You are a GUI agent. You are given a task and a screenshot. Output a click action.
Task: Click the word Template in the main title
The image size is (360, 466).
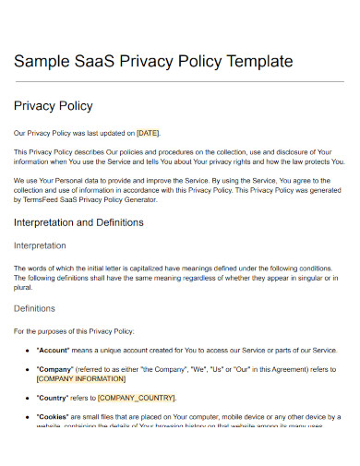(255, 62)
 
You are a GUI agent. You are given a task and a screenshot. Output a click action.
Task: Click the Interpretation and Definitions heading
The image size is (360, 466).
(78, 222)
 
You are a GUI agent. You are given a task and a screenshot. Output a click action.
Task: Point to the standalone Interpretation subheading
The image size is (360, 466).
(40, 245)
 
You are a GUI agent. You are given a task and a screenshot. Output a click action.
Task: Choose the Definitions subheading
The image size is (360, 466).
(34, 308)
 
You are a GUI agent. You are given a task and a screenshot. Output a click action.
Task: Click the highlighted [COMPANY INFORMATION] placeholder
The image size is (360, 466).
(81, 378)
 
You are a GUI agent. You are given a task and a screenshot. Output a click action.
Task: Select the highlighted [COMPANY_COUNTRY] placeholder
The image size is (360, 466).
(136, 398)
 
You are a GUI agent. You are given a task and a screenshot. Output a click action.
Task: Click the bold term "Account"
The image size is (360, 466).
(54, 351)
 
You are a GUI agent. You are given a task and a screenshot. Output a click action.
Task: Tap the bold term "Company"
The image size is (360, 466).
(56, 370)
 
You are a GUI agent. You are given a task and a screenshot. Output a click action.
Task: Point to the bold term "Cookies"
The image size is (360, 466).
(55, 417)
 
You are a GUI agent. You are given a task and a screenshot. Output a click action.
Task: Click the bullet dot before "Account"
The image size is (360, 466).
(25, 351)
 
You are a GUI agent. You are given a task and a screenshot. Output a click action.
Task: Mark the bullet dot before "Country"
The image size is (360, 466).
(25, 398)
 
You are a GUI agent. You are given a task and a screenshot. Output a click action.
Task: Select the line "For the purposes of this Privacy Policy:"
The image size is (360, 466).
(74, 330)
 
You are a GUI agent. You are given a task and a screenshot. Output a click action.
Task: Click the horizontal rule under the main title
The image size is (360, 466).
(179, 82)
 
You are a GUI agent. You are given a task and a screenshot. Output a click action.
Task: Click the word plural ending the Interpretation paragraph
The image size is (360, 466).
(23, 286)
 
